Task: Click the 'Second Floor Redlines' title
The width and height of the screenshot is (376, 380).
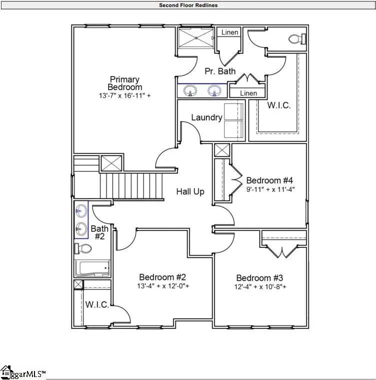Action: point(188,6)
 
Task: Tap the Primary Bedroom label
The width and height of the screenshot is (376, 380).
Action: point(124,83)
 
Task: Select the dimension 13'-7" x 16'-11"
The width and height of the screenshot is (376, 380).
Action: point(124,95)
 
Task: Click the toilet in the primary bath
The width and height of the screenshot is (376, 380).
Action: point(296,38)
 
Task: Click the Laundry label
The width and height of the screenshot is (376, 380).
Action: point(206,118)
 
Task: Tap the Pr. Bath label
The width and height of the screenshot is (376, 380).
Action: point(220,72)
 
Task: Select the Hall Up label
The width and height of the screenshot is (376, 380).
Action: point(190,191)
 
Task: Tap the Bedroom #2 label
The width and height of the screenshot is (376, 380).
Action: point(162,277)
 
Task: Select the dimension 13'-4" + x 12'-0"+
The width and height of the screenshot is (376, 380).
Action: point(162,287)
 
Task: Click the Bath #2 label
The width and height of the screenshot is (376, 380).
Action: point(97,232)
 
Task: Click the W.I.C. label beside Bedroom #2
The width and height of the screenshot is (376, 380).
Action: point(96,304)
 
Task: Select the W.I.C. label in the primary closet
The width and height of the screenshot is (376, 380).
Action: point(279,106)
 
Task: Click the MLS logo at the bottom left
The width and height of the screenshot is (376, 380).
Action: point(23,372)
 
